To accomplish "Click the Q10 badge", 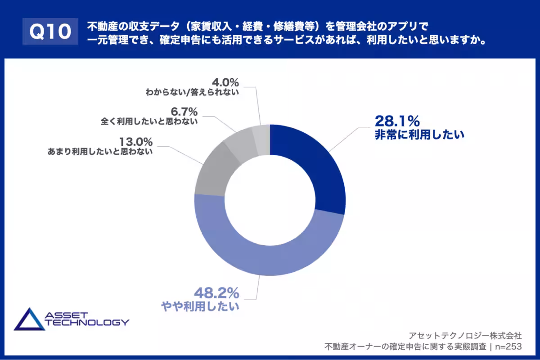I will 50,32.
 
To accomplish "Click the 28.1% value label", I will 397,121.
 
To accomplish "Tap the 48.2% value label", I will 216,293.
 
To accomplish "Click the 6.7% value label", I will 183,110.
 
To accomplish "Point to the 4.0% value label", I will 225,82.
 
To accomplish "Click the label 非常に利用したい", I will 419,135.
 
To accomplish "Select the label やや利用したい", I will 200,307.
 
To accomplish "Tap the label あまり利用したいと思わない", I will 100,152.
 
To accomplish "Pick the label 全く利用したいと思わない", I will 148,121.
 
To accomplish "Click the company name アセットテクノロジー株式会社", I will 465,335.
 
